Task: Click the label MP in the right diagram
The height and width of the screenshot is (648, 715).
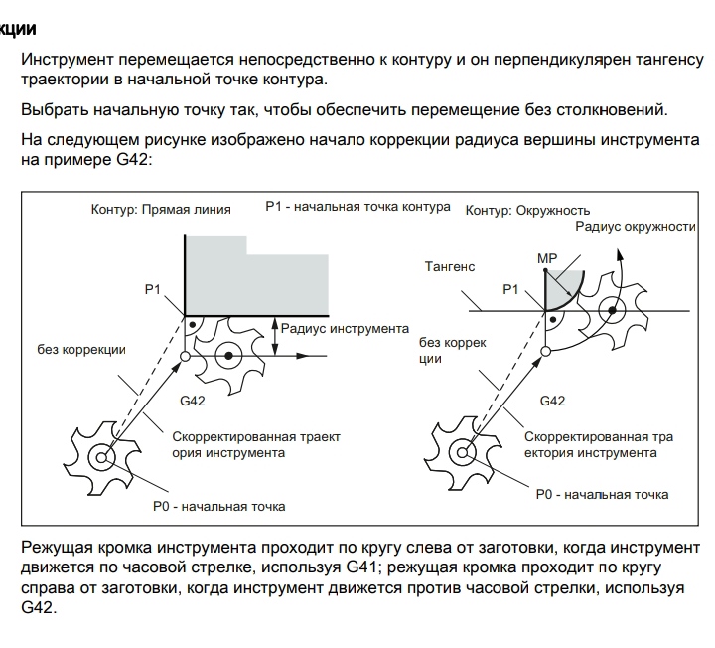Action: click(x=547, y=258)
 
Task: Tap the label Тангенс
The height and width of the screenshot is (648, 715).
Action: click(x=450, y=266)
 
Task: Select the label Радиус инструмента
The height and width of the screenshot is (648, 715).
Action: click(x=345, y=328)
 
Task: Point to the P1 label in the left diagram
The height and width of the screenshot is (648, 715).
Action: click(x=152, y=288)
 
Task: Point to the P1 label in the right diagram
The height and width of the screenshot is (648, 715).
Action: click(x=510, y=289)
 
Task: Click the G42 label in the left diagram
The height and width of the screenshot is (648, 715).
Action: click(x=193, y=401)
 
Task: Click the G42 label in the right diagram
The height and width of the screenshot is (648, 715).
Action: click(x=552, y=401)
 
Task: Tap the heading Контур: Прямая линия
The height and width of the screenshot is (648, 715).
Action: click(x=161, y=210)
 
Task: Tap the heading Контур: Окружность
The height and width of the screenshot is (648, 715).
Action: click(x=527, y=210)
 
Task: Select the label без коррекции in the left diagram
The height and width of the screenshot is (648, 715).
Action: click(x=81, y=349)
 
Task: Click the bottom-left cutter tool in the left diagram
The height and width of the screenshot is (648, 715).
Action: click(x=101, y=457)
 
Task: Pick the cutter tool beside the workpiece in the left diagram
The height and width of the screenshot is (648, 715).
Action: click(x=230, y=354)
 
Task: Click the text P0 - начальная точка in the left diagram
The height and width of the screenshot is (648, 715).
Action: click(x=218, y=506)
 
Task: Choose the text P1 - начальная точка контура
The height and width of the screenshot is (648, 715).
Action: click(x=357, y=207)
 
